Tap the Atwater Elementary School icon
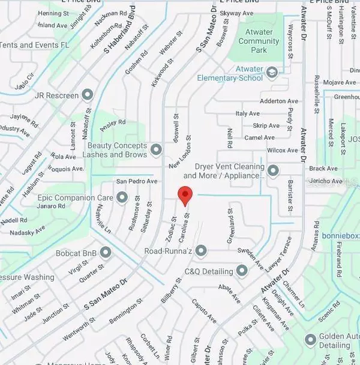[272, 74]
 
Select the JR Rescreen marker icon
[88, 94]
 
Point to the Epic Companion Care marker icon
[122, 197]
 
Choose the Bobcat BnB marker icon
[106, 252]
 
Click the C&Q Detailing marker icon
[242, 271]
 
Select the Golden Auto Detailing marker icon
[310, 340]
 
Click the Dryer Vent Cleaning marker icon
[273, 171]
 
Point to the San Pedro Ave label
[136, 181]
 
